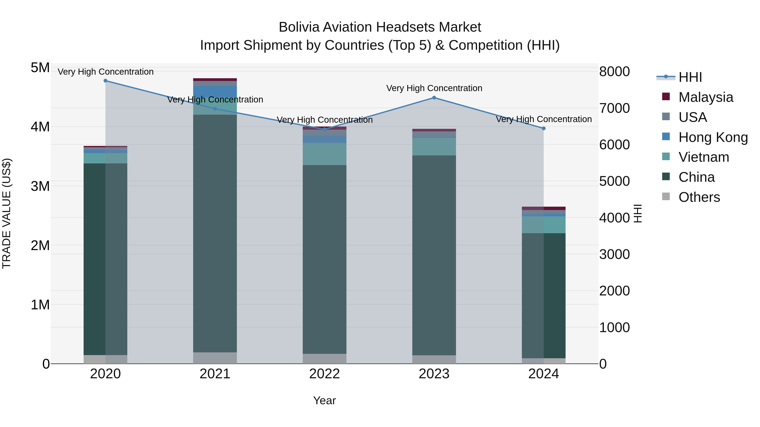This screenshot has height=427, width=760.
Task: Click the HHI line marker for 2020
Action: (105, 81)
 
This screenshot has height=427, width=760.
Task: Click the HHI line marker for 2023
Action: (434, 98)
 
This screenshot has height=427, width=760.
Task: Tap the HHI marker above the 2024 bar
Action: (544, 128)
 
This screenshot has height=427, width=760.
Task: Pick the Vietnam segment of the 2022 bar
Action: (324, 154)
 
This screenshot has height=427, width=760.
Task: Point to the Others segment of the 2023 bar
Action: (434, 359)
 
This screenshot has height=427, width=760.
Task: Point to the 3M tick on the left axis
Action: (40, 186)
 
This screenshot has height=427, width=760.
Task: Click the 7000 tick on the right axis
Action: (614, 108)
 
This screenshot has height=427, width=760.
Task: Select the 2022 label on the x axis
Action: (324, 374)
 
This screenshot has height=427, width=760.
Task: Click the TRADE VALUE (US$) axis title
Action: (7, 213)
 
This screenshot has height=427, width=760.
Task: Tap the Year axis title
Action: (324, 400)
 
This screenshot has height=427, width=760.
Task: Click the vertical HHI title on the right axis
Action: (638, 213)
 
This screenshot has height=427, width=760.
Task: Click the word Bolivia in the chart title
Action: (299, 27)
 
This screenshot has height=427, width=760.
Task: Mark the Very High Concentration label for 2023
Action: (434, 88)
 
